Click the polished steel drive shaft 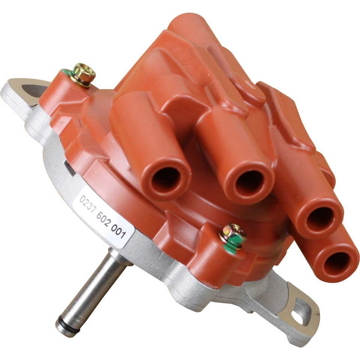[x=94, y=289]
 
